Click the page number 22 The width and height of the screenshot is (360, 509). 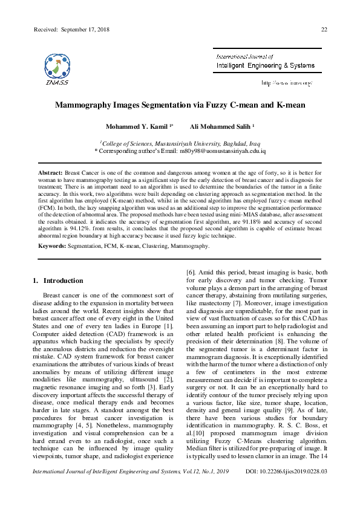coord(324,29)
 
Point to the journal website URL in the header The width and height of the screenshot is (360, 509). coord(287,82)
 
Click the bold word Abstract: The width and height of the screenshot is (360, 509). coord(51,173)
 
